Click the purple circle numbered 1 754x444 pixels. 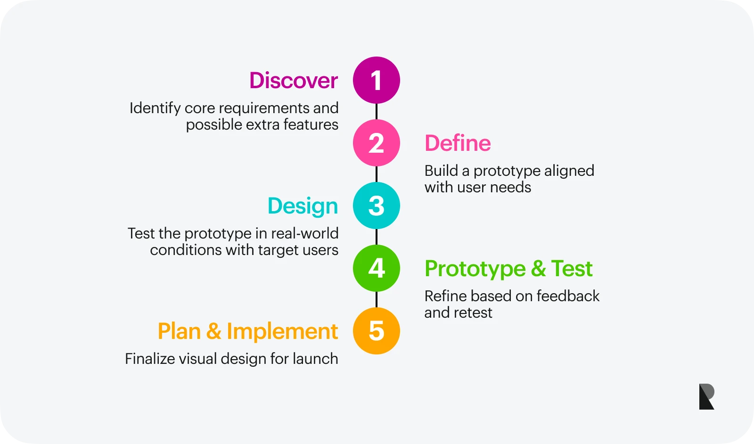click(377, 80)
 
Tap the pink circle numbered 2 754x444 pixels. click(377, 143)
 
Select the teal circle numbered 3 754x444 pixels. click(377, 206)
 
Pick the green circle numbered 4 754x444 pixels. click(377, 268)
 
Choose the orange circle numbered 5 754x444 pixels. click(377, 330)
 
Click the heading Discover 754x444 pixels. click(294, 81)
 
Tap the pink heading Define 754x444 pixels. click(458, 143)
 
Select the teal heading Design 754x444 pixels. click(303, 206)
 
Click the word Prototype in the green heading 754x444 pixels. click(475, 269)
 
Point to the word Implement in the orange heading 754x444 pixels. click(282, 331)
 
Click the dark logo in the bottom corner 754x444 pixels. click(706, 396)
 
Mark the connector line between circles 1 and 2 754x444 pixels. click(377, 111)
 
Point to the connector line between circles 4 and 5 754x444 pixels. click(377, 299)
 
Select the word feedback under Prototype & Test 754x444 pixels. click(568, 296)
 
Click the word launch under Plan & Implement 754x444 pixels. click(315, 359)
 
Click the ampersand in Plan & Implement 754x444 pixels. click(214, 331)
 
